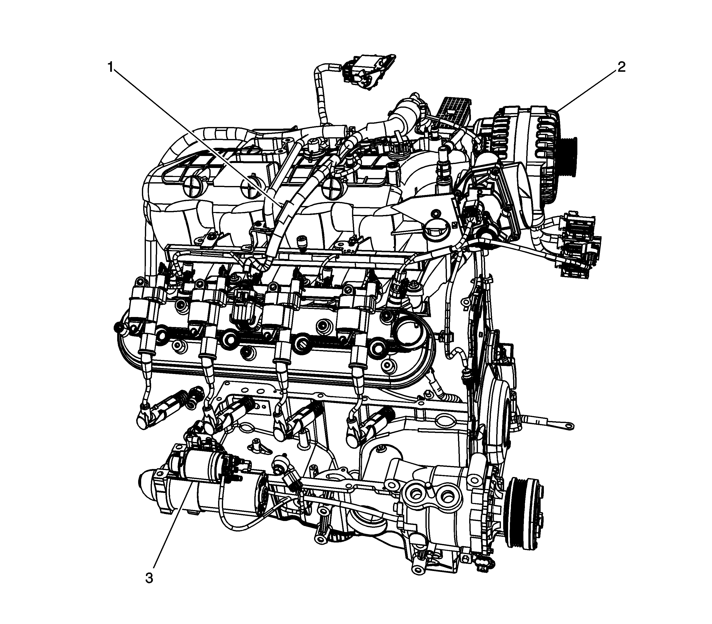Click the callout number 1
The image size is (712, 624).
tap(110, 66)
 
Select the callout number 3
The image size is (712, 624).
tap(149, 578)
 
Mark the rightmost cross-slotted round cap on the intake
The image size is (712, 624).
tap(332, 188)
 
